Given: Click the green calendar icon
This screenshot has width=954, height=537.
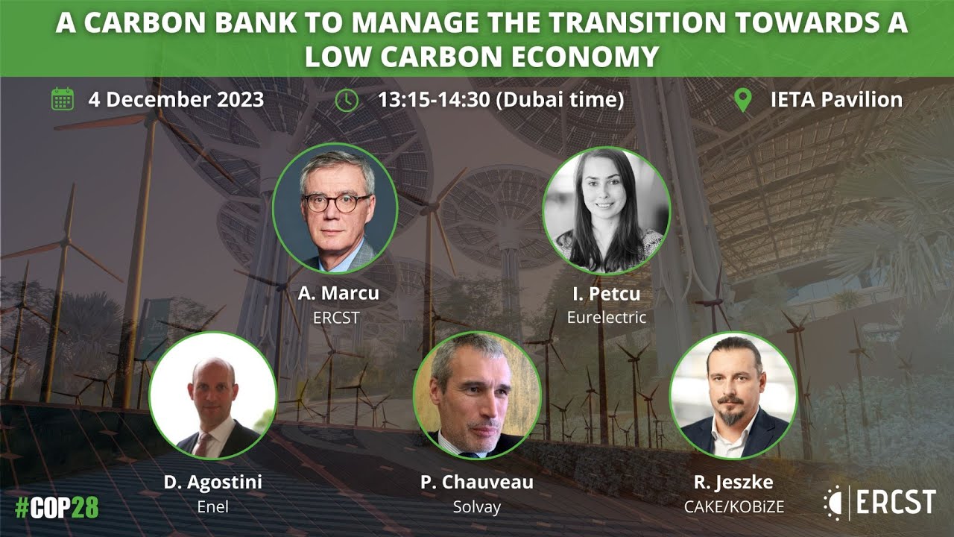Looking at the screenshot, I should coord(63,99).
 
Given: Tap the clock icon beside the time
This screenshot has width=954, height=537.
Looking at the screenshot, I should coord(347,99).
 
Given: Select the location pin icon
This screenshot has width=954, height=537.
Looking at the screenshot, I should coord(742,99).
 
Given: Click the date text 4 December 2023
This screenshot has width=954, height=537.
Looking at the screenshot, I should coord(176,99).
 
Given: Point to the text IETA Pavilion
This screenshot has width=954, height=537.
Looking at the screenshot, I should coord(836,99).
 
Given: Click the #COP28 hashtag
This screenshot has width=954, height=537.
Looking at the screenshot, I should coord(57,507).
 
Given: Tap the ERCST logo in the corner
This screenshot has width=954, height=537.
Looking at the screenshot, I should coord(879,501).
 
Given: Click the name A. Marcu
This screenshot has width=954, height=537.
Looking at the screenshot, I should coord(338,293).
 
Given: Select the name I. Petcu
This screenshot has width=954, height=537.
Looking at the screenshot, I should coord(606,293).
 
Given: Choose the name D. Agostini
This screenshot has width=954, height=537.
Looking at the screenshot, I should coord(213,482).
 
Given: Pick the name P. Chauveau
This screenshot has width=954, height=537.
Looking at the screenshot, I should coord(477,482).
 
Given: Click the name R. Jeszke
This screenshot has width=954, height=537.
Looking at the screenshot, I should coord(734,482).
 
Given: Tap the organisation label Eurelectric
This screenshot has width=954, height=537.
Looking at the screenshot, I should coord(606,317).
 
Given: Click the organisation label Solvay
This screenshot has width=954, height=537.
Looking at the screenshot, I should coord(477,506).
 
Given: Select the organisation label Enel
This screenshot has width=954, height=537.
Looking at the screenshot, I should coord(213,506).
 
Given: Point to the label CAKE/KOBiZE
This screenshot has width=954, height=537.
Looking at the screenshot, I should coord(734,506).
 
